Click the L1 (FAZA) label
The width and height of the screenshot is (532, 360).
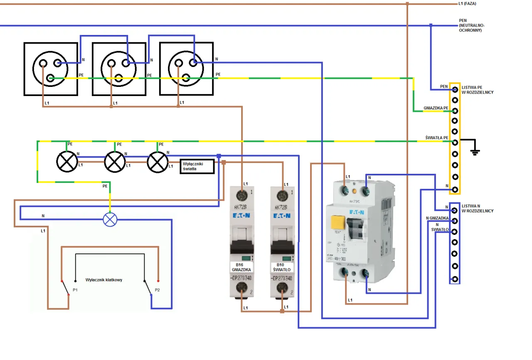tap(467, 4)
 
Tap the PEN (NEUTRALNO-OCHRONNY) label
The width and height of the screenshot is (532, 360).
tap(471, 25)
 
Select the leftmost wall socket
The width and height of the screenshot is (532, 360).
tap(51, 69)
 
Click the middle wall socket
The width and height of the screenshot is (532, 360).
tap(119, 69)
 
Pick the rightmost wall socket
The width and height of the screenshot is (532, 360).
tap(186, 69)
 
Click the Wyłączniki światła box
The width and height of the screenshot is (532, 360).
tap(197, 166)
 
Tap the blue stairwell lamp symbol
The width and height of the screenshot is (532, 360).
tap(110, 219)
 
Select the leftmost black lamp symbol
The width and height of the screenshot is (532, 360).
tap(67, 162)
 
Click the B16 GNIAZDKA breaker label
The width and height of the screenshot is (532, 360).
tap(241, 267)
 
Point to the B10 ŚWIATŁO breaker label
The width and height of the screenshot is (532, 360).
tap(282, 267)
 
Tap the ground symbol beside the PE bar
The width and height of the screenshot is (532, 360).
tap(475, 151)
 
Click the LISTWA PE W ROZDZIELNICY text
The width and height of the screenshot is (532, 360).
tap(478, 90)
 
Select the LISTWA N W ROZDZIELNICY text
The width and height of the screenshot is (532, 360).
tap(478, 208)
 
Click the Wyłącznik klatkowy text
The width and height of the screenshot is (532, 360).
tap(104, 280)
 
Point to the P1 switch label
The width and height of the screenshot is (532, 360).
tap(75, 289)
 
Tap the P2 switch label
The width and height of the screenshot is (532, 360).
tap(157, 289)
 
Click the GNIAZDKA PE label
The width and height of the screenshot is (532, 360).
tap(436, 108)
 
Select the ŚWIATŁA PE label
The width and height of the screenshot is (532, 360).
tap(436, 138)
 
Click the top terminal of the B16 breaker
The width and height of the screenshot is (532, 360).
tap(241, 195)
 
